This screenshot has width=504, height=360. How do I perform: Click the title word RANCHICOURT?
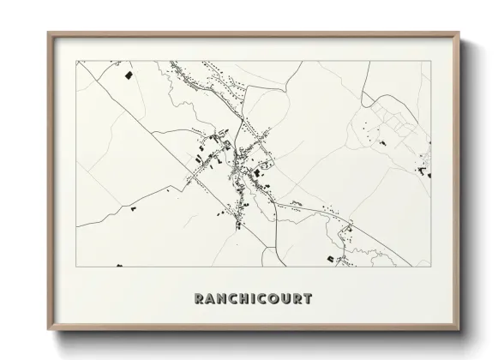[x=252, y=300]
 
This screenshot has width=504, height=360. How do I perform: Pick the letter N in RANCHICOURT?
[x=220, y=300]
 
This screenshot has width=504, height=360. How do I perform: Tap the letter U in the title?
[x=285, y=300]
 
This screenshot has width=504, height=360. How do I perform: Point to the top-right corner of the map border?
[x=429, y=62]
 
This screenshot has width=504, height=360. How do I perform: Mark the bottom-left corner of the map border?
[x=76, y=267]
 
